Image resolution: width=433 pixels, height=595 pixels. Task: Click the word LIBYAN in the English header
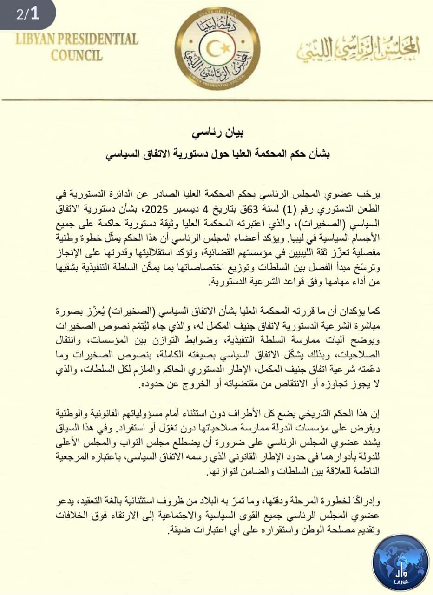[x=37, y=39]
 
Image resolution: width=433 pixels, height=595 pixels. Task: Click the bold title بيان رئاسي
[x=217, y=133]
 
